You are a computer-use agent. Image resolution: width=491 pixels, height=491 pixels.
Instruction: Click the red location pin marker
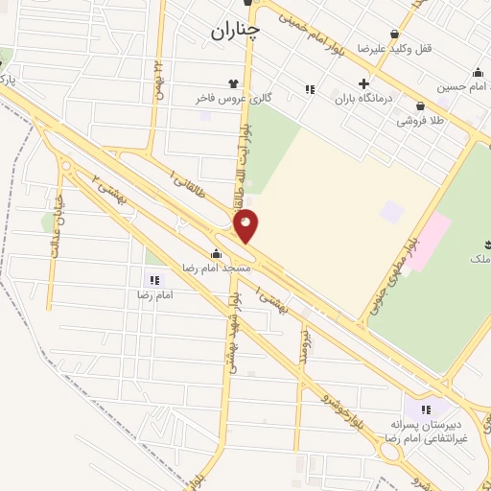pos(246,225)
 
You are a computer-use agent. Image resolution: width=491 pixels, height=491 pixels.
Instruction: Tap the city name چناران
pos(236,33)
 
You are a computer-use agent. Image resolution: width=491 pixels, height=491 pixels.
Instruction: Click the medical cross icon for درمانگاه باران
pos(362,82)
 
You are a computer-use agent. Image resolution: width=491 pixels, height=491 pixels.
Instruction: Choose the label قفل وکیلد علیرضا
pos(386,47)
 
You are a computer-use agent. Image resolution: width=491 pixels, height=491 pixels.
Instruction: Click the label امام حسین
pos(456,87)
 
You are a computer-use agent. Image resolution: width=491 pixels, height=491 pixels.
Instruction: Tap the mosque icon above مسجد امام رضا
pos(216,254)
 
